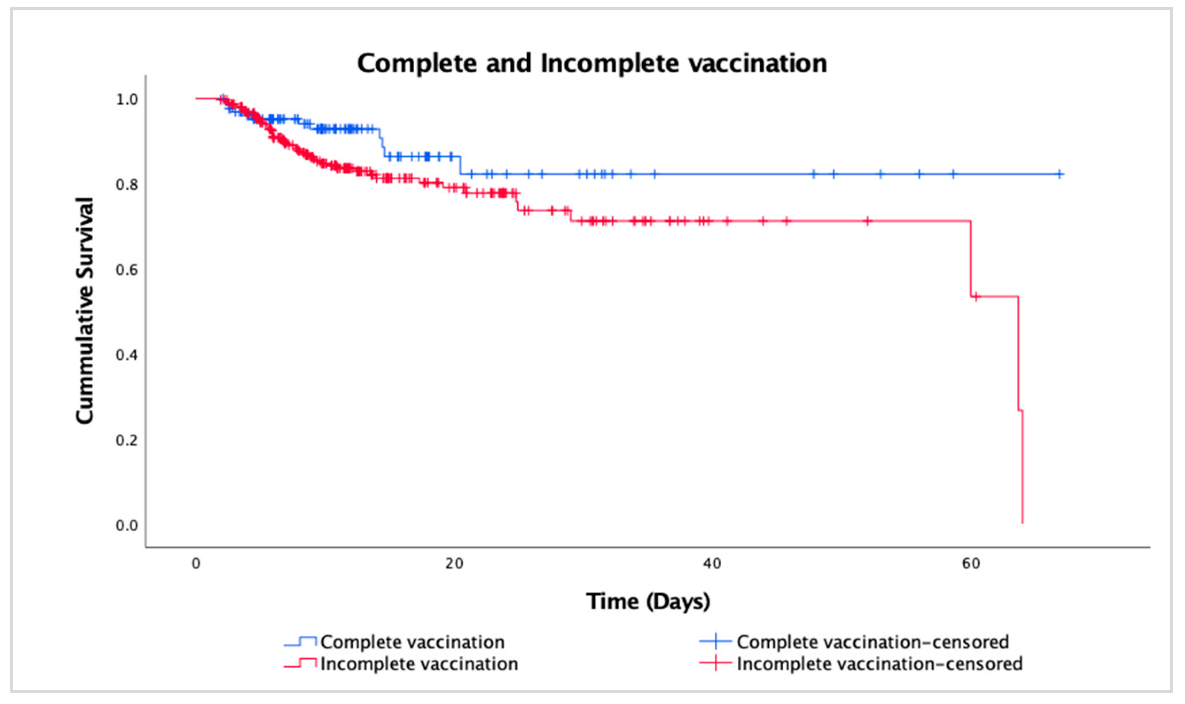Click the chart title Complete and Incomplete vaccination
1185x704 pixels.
click(x=592, y=64)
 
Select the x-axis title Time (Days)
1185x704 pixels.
click(x=648, y=601)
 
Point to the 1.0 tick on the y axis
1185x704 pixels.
click(x=127, y=100)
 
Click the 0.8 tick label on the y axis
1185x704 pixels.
click(x=127, y=185)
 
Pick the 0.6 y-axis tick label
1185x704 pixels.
click(x=127, y=270)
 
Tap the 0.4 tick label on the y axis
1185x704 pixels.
click(x=127, y=355)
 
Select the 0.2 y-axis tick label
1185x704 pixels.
click(x=127, y=440)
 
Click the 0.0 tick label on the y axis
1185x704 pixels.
click(x=127, y=526)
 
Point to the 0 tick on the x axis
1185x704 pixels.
click(x=196, y=564)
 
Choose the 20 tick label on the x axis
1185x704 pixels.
click(x=454, y=564)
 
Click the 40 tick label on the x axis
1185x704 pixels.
click(x=712, y=564)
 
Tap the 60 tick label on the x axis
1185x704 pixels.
click(x=971, y=564)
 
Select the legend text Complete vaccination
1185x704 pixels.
click(x=412, y=642)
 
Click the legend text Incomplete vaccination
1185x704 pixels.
click(x=418, y=664)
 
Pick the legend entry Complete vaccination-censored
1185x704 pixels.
click(x=872, y=642)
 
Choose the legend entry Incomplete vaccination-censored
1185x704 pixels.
click(x=879, y=664)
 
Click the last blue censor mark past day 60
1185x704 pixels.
click(x=1059, y=175)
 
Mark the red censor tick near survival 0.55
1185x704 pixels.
click(x=976, y=297)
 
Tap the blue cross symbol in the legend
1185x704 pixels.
click(x=715, y=642)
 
